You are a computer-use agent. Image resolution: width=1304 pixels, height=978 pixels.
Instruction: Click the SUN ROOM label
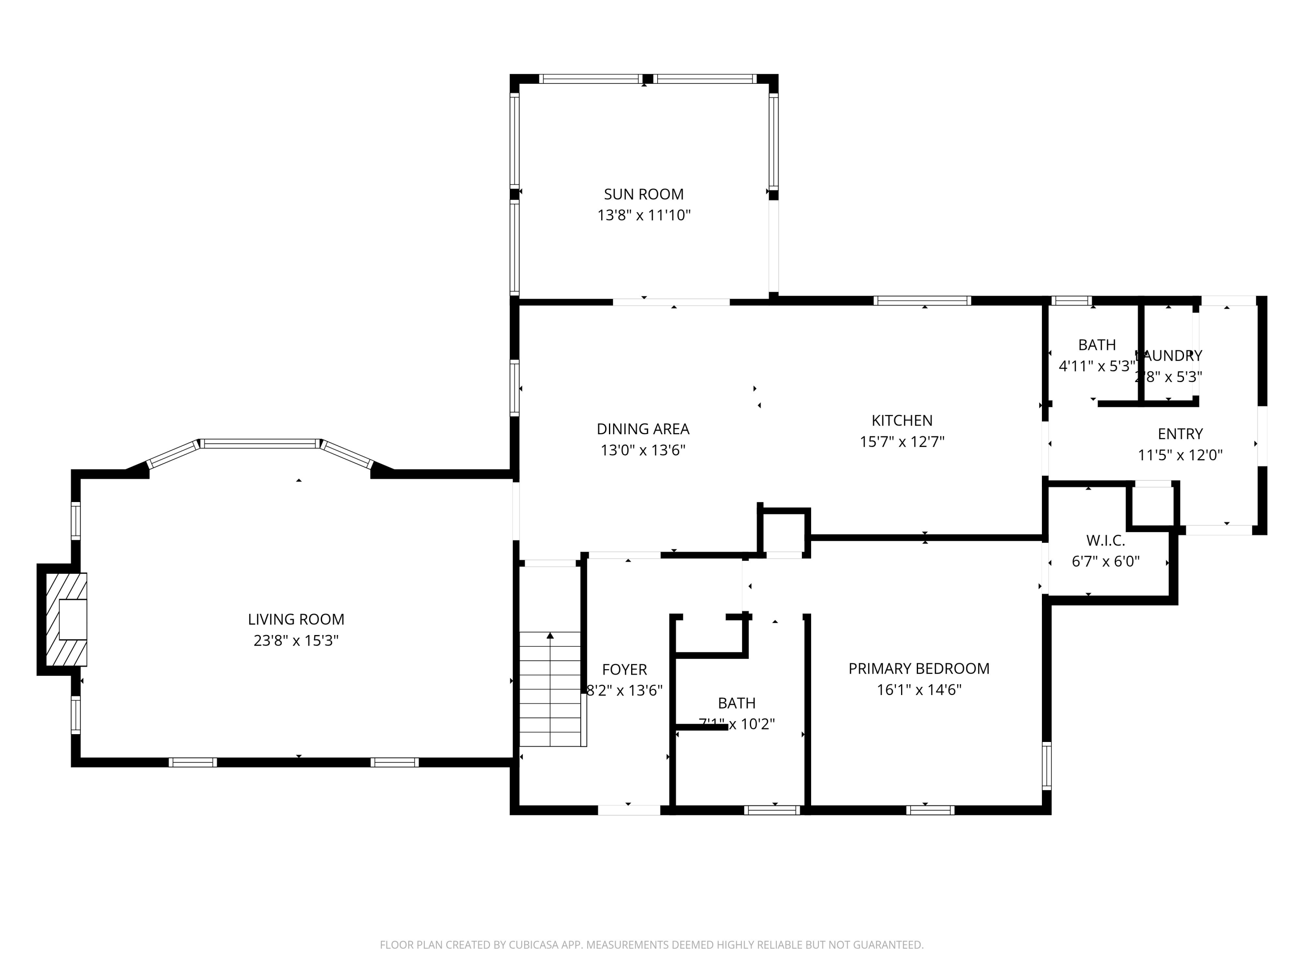(x=644, y=194)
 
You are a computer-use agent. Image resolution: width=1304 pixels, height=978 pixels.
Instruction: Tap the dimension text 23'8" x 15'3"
(x=296, y=640)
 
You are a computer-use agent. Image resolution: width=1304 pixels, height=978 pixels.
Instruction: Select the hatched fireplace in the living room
(x=66, y=619)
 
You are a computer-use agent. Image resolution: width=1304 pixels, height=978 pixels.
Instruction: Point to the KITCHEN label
(x=902, y=420)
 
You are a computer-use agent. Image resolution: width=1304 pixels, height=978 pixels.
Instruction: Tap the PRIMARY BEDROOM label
(x=918, y=668)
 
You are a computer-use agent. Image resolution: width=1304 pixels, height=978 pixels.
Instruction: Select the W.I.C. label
(x=1105, y=540)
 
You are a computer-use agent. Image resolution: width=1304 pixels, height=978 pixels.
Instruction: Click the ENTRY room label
(x=1180, y=434)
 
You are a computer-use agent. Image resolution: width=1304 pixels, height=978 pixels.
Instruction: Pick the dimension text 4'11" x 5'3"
(x=1097, y=366)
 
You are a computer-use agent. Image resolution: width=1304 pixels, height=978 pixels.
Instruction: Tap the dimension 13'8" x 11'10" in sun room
(x=644, y=215)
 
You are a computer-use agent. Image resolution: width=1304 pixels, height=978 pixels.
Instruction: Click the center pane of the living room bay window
(x=260, y=443)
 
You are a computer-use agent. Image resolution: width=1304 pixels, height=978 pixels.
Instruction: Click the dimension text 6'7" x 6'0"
(x=1105, y=561)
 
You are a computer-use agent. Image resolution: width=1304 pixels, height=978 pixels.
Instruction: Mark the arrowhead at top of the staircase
(x=550, y=635)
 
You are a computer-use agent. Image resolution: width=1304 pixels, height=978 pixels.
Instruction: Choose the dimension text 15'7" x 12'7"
(x=902, y=442)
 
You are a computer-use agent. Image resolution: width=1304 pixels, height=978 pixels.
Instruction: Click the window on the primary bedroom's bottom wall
(x=930, y=810)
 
